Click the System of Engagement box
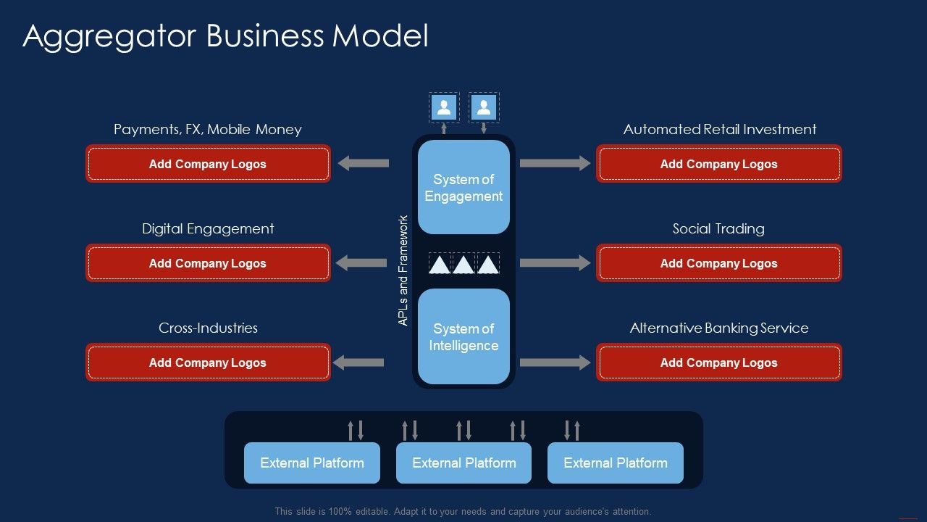(x=463, y=187)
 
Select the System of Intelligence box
(x=463, y=336)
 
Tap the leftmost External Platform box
(x=312, y=463)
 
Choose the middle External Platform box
(x=463, y=463)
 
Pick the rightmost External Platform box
(x=616, y=463)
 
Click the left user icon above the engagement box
(x=444, y=107)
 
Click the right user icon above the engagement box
(x=484, y=107)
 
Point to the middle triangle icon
(x=463, y=264)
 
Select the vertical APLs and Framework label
(x=403, y=270)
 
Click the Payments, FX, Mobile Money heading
(x=208, y=130)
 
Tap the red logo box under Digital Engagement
(x=208, y=263)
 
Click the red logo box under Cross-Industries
(x=208, y=362)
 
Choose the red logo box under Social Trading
(x=718, y=263)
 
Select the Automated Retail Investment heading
(x=719, y=130)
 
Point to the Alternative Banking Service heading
(x=718, y=328)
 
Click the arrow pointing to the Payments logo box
(x=364, y=163)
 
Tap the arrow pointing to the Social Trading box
(x=555, y=262)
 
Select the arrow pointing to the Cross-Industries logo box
(x=358, y=362)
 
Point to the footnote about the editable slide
(x=463, y=511)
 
